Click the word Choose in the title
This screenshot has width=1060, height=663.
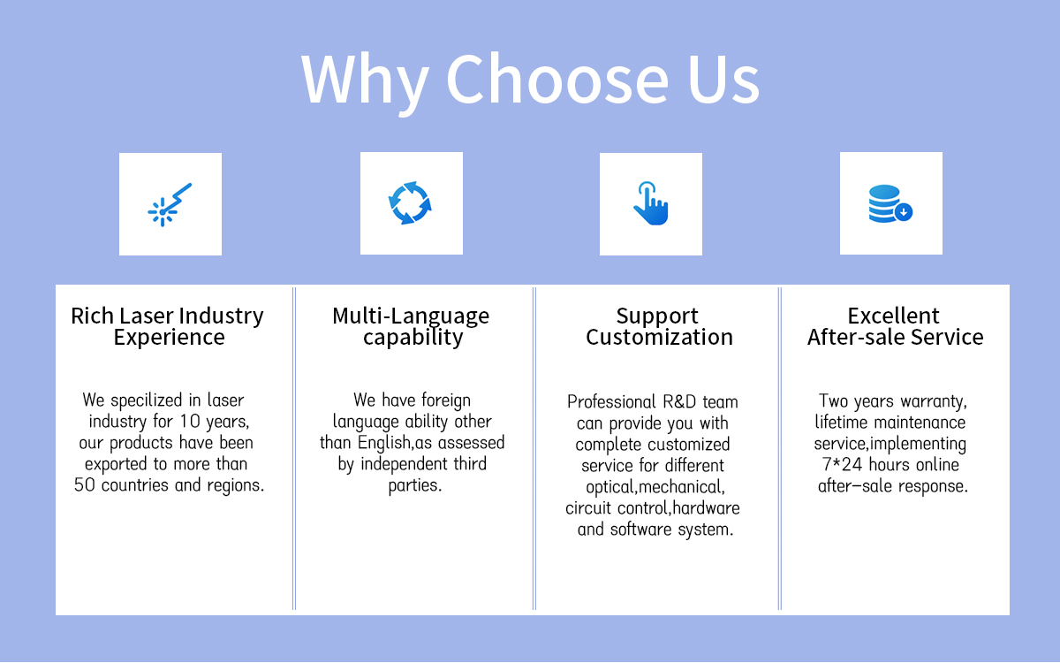coord(557,79)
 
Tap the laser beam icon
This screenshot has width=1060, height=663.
coord(170,204)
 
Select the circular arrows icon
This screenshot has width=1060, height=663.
coord(410,202)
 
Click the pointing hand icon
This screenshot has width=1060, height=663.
coord(651,203)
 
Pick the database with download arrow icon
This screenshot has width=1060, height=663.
coord(890,203)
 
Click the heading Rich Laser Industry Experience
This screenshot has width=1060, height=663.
coord(167,326)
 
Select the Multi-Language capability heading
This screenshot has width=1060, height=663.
coord(411,326)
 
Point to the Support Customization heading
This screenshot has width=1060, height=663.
coord(659,326)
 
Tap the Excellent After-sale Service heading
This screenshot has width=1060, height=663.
coord(895,326)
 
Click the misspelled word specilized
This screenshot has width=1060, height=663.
coord(147,400)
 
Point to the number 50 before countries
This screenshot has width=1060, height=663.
coord(85,485)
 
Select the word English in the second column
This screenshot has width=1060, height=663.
coord(383,442)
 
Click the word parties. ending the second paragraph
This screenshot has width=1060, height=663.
coord(415,485)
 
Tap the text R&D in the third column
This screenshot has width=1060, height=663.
coord(679,402)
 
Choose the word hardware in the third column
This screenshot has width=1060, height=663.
coord(706,508)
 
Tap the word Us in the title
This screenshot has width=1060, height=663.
coord(723,79)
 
